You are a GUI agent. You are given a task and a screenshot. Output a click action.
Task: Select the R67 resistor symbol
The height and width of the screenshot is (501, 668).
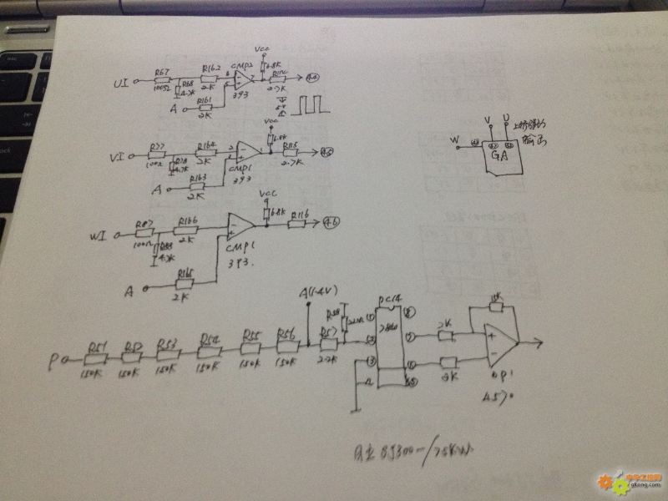(x=162, y=81)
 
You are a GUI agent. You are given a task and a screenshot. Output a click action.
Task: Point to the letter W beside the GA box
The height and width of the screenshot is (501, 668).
(x=454, y=139)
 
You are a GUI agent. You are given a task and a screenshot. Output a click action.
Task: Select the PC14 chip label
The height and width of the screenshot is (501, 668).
(x=389, y=298)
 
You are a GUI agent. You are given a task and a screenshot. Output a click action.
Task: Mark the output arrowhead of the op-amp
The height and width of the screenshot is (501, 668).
(x=542, y=342)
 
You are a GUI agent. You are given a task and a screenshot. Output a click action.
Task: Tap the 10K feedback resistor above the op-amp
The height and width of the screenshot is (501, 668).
(x=495, y=306)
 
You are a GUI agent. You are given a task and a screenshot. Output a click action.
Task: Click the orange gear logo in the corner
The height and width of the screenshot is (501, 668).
(x=605, y=482)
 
